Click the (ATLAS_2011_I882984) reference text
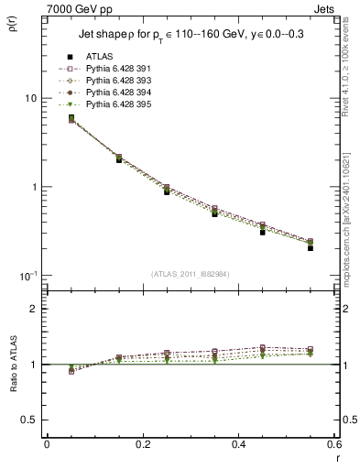[x=191, y=274]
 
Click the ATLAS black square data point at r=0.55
[x=311, y=247]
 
